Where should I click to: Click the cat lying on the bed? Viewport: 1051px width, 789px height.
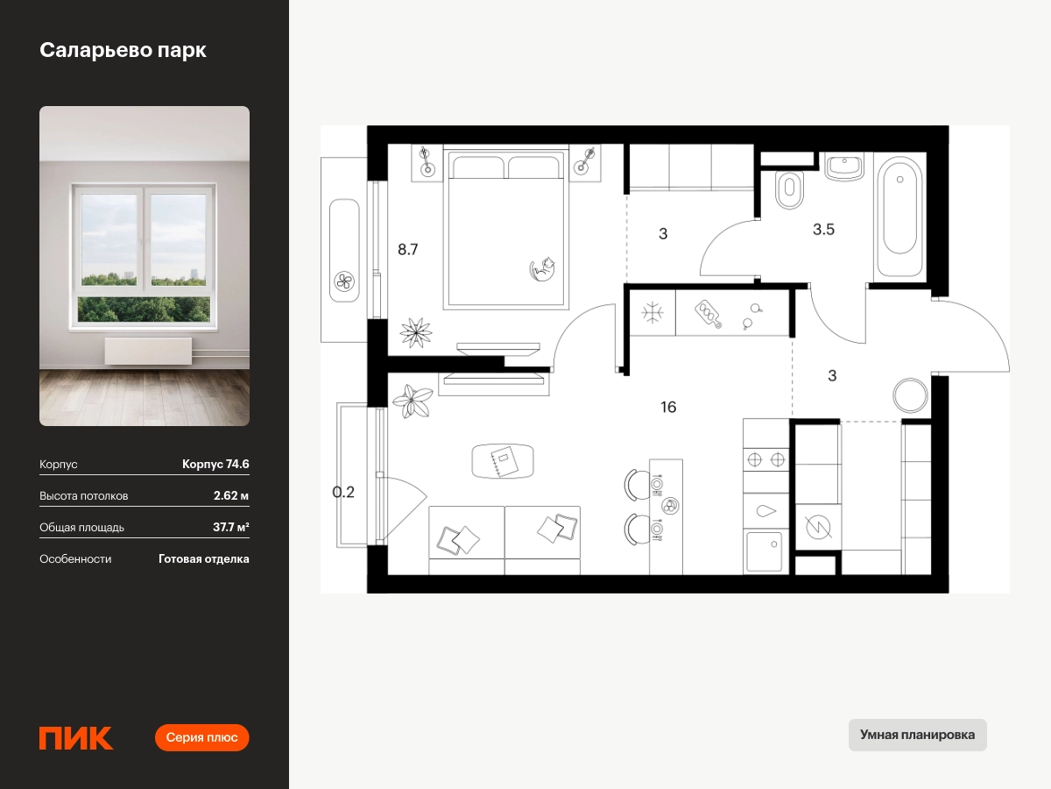(542, 269)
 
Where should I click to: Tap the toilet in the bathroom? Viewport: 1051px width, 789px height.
(789, 189)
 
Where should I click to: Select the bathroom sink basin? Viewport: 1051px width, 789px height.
(844, 167)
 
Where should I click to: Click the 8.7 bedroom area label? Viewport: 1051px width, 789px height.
(408, 249)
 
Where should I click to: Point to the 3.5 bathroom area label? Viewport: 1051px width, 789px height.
(823, 229)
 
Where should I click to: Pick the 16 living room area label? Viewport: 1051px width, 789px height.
(668, 407)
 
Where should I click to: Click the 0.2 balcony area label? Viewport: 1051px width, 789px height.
(343, 492)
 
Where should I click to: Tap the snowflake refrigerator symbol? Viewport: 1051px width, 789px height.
(652, 313)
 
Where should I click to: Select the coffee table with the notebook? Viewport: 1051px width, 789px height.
(502, 461)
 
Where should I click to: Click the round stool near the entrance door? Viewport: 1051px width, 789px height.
(910, 395)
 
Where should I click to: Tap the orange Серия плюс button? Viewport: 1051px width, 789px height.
(201, 737)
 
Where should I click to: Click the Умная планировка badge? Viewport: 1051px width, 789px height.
(917, 735)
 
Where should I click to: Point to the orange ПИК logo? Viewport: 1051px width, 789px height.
(76, 738)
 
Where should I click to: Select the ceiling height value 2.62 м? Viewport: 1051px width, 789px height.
(231, 496)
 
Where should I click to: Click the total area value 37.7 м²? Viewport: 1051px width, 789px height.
(231, 528)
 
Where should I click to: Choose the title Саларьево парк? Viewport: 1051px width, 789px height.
(123, 50)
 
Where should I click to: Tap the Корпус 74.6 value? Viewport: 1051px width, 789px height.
(215, 465)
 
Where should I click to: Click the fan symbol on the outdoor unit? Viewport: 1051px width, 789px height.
(344, 281)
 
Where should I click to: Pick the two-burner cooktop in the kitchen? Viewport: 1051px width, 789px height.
(765, 460)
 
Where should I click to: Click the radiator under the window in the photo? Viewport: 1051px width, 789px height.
(148, 351)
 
